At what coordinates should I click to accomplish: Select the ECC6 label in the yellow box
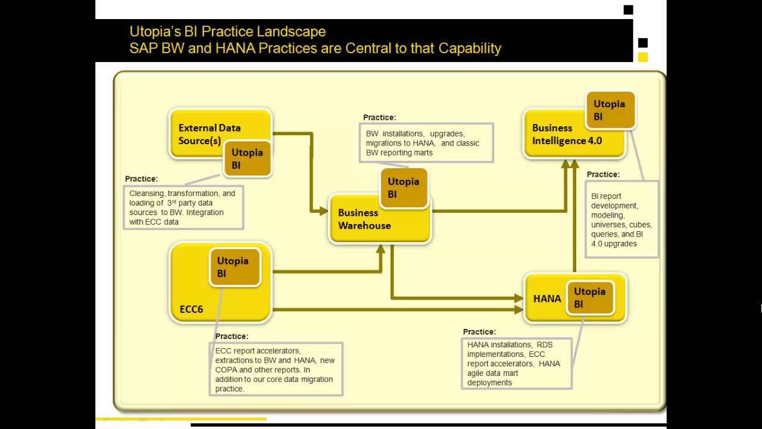(191, 309)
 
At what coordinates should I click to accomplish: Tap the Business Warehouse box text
(364, 219)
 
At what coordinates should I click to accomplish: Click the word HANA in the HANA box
(546, 299)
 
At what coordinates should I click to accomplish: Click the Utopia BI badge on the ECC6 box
(235, 267)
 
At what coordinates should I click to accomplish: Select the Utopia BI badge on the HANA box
(589, 297)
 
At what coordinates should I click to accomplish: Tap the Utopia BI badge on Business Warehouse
(404, 188)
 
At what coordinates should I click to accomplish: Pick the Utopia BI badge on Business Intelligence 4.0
(610, 110)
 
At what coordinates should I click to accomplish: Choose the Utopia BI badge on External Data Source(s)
(247, 158)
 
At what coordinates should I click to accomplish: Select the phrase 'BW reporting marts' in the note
(399, 153)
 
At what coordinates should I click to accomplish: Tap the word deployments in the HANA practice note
(489, 383)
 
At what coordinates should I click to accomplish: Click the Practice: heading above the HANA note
(479, 332)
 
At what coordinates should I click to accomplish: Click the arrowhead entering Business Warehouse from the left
(323, 210)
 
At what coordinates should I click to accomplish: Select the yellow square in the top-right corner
(643, 58)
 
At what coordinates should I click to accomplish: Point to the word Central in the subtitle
(367, 48)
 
